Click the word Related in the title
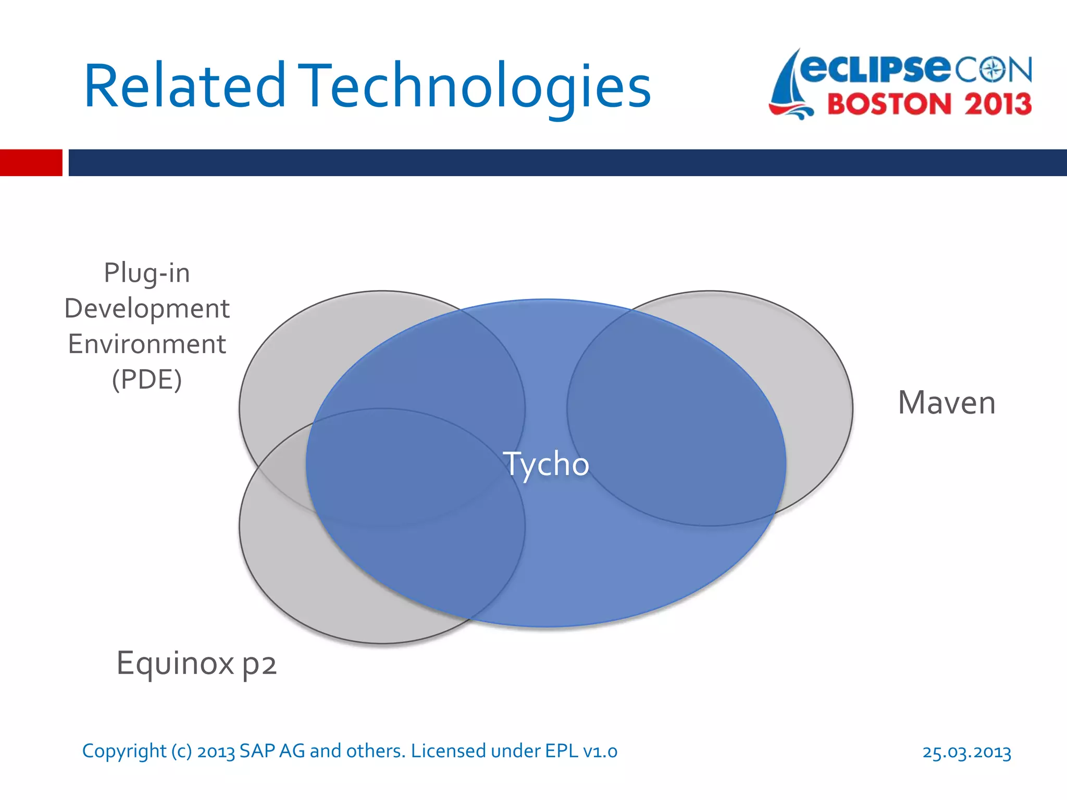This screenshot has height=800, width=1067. point(185,86)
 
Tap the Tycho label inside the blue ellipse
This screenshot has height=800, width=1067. point(545,464)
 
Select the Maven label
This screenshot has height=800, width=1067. point(946,403)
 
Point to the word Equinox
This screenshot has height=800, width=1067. point(175,664)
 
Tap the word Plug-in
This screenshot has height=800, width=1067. point(147,273)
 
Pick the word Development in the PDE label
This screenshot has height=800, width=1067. point(147,308)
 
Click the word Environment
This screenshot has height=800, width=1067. point(147,344)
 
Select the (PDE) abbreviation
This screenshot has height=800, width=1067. point(147,380)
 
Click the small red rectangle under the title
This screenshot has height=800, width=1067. point(31,162)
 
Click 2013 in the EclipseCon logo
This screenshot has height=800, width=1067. point(998,104)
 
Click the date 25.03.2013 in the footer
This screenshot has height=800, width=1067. point(966,752)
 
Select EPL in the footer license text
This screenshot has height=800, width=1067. point(562,751)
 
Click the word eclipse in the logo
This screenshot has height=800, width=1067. point(875,69)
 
